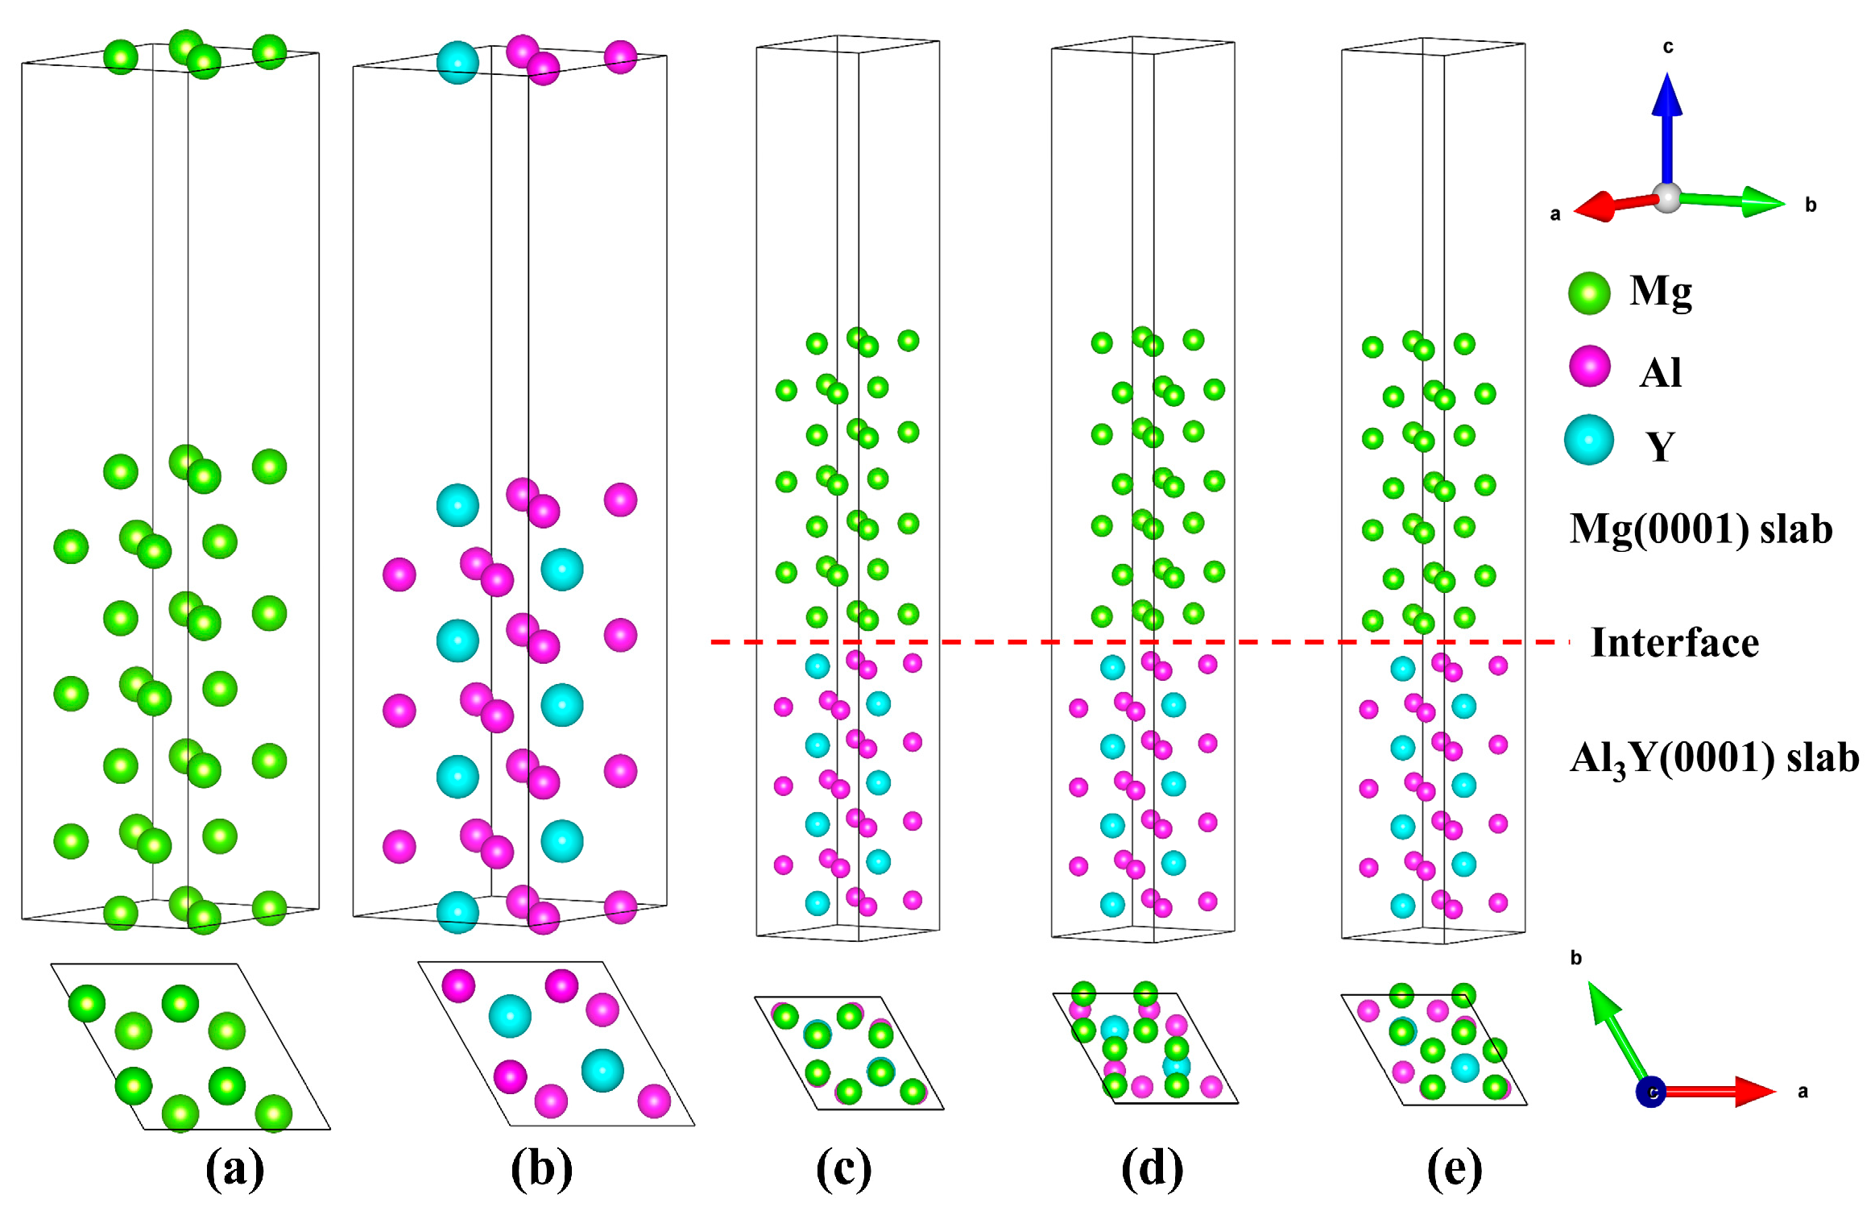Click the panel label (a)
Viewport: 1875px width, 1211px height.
coord(234,1168)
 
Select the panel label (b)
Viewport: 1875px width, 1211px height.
coord(541,1168)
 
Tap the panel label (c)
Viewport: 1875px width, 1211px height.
coord(843,1168)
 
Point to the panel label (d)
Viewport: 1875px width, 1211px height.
coord(1152,1168)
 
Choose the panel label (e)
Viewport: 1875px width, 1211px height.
coord(1454,1168)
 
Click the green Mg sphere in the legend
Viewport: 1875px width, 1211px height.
coord(1588,292)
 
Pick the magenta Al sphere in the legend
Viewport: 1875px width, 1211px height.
coord(1589,367)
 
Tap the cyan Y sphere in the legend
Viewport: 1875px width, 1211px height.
coord(1588,440)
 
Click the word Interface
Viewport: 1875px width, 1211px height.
coord(1674,643)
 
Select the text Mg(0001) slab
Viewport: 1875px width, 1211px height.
coord(1700,529)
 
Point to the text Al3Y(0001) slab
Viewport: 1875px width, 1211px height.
coord(1714,758)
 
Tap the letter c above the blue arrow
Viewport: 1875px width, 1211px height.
coord(1668,47)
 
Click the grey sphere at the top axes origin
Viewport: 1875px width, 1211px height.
coord(1666,197)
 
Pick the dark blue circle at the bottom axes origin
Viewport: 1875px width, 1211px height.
coord(1650,1092)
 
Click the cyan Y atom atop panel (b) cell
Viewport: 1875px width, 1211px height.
coord(457,63)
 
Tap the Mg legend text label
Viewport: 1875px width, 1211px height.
coord(1660,292)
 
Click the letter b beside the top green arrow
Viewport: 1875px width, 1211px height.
coord(1810,205)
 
